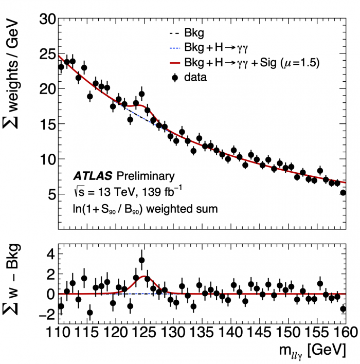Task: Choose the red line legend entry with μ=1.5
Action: click(x=242, y=64)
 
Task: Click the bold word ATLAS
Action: click(x=92, y=175)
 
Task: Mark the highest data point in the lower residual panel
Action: click(x=141, y=260)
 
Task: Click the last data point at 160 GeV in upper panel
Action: click(x=343, y=193)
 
